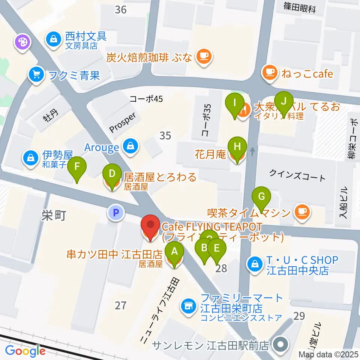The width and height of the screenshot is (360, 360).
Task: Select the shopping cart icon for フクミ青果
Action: coord(36,75)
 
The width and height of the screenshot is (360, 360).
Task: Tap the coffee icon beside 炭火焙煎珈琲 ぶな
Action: coord(204,56)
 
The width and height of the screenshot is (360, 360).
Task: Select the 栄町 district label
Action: coord(53,215)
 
